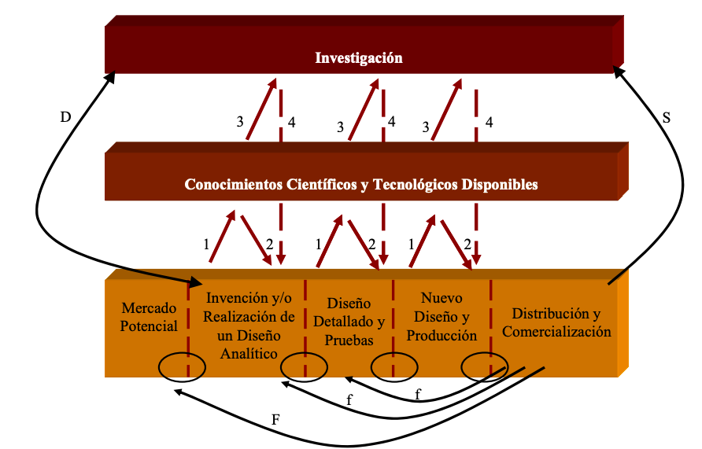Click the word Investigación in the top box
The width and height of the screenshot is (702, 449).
point(359,58)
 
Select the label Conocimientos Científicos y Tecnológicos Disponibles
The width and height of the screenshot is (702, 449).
point(361,184)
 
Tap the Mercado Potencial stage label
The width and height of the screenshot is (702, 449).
point(149,317)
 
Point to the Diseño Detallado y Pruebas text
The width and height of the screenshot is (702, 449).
point(349,322)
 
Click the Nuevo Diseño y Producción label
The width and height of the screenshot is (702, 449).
point(442,317)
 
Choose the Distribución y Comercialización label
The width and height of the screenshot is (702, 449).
point(556,322)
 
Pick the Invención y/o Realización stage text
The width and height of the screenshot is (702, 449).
point(249,326)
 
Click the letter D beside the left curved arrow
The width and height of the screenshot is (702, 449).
point(66,117)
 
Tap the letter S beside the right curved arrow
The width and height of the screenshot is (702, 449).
point(666,118)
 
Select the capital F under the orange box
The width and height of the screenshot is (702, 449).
point(275,419)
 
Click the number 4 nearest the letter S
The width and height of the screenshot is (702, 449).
point(490,122)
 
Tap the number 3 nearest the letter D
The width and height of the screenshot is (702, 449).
point(240,122)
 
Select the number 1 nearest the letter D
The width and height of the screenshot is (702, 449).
point(206,245)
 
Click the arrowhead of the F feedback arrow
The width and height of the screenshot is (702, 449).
point(178,392)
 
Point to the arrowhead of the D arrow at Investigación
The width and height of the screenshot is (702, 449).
point(110,77)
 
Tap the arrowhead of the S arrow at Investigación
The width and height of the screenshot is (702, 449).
point(619,72)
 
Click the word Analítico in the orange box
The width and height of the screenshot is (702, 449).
point(249,354)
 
